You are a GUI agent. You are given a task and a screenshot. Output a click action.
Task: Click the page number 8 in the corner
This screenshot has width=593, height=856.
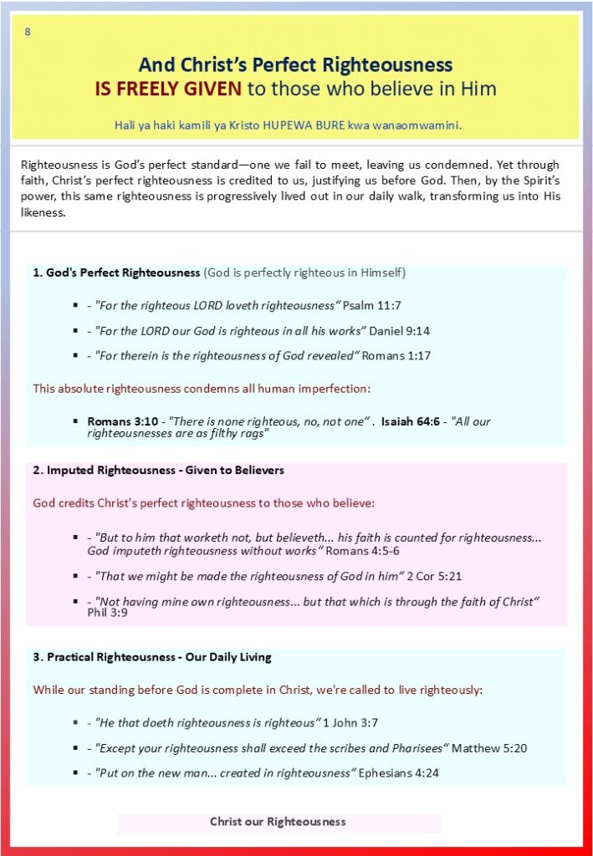(28, 32)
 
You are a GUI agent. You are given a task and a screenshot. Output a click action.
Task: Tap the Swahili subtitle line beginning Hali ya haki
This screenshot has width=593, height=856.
(289, 125)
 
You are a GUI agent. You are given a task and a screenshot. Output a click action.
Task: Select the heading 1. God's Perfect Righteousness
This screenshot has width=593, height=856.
(117, 273)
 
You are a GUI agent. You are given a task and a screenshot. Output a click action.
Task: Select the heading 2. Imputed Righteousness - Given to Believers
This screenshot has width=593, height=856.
(158, 471)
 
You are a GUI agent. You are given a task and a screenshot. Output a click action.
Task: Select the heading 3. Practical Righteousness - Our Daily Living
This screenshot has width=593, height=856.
(152, 657)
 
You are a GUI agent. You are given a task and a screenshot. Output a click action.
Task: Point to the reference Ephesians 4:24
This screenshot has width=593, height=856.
(398, 773)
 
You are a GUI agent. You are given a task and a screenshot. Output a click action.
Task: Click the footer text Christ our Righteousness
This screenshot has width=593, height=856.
(278, 822)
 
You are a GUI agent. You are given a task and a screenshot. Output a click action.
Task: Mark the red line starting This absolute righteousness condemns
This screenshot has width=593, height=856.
(201, 388)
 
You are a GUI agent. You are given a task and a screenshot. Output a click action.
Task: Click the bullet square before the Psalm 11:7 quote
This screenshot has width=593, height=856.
(77, 307)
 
